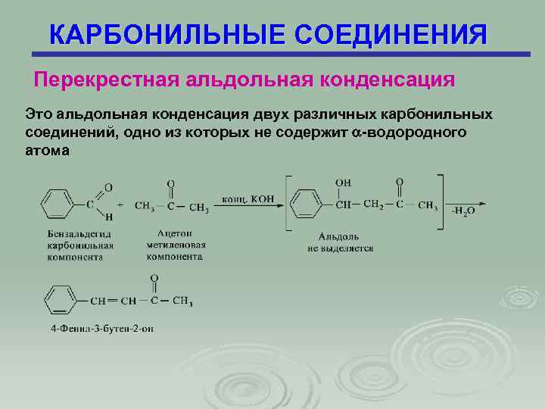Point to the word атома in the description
coord(47,150)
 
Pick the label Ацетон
coord(176,235)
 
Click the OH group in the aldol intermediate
coord(343,183)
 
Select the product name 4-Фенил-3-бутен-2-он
coord(100,329)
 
